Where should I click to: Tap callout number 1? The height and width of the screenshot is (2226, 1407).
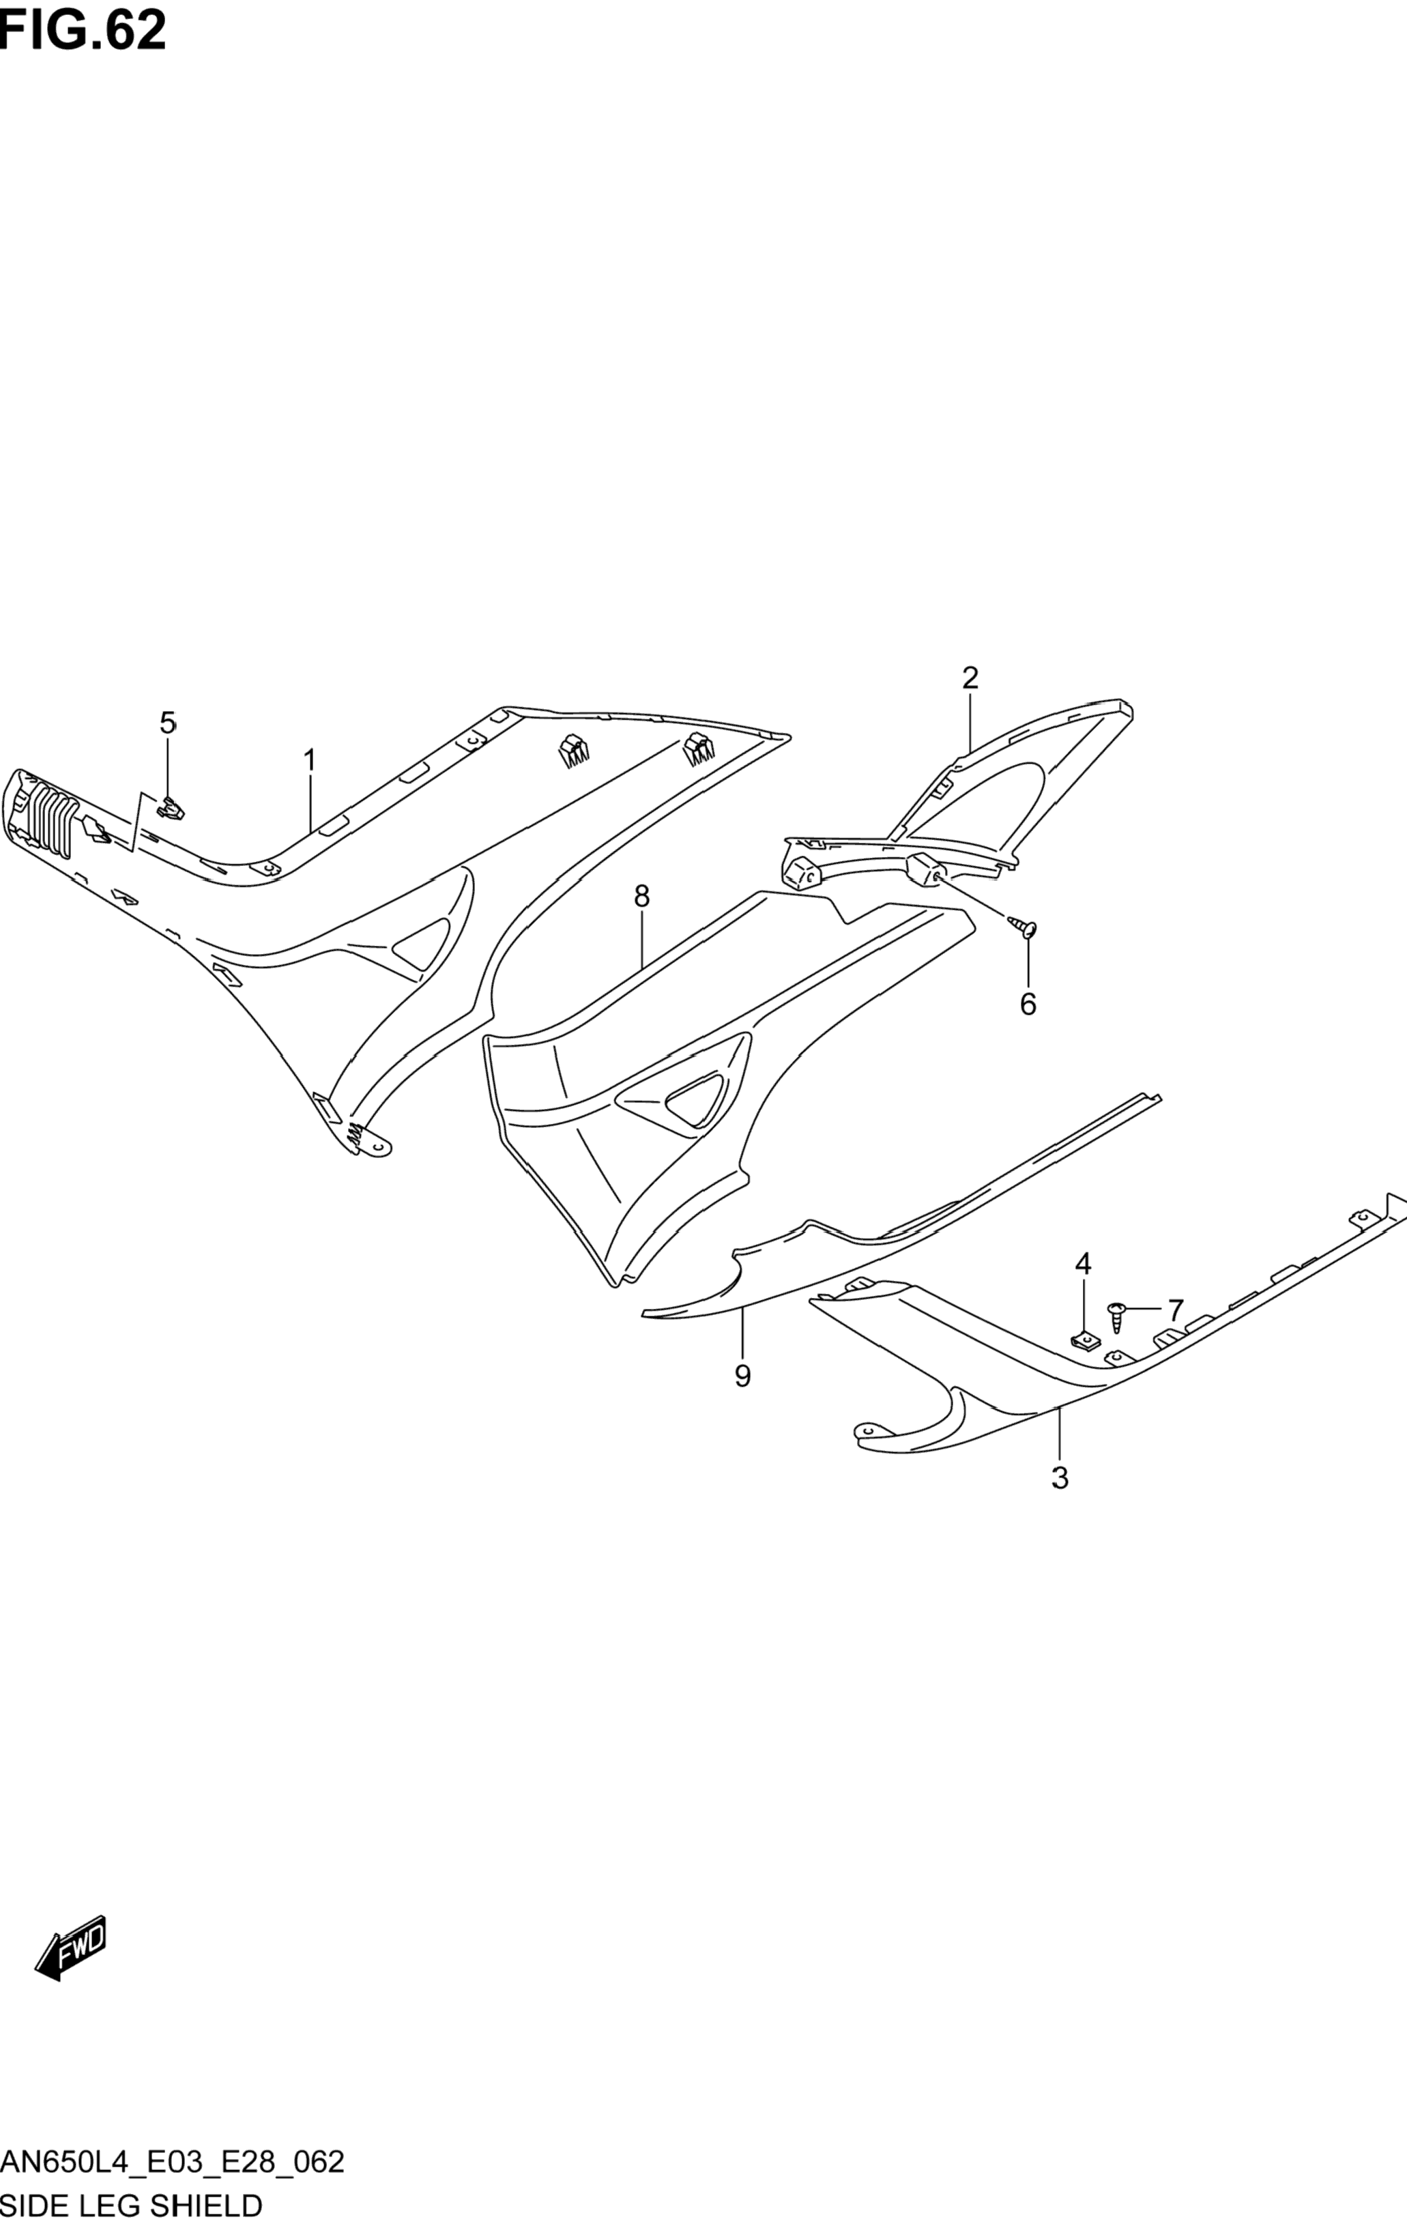(310, 760)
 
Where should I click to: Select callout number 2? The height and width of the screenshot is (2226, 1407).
(970, 678)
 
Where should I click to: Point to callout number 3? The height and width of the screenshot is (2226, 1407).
(1060, 1478)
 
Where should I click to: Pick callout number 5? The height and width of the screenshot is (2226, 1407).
(167, 723)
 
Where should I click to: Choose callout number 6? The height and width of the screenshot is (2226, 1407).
(1028, 1004)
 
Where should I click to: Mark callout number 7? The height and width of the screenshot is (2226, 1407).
(1175, 1310)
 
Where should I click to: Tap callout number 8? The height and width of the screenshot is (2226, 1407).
(641, 896)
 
